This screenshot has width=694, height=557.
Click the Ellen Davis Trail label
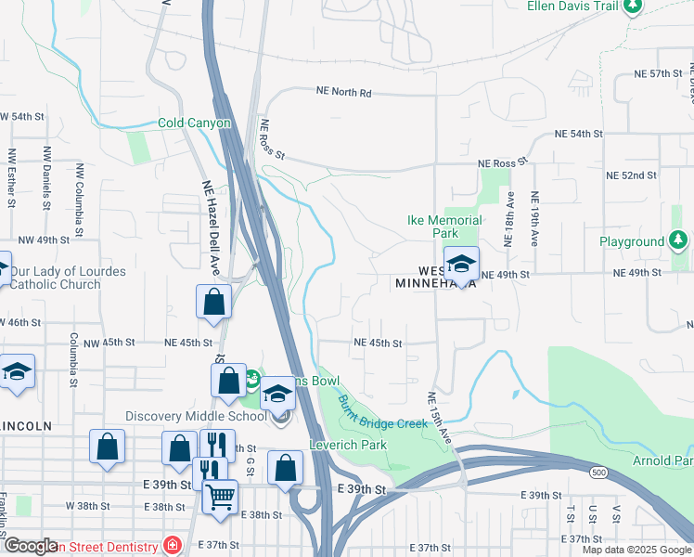tap(572, 6)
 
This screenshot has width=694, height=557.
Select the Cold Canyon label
tap(193, 123)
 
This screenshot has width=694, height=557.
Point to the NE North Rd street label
tap(343, 93)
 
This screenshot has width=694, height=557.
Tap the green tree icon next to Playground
tap(679, 241)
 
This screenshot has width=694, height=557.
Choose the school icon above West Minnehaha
tap(461, 264)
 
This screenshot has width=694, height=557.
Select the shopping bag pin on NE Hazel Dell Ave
tap(213, 302)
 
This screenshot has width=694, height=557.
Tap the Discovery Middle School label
tap(196, 415)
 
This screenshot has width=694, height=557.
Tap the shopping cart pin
tap(220, 497)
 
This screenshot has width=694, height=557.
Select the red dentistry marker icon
tap(171, 545)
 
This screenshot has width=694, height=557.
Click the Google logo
tap(31, 547)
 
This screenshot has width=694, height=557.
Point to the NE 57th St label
tap(658, 73)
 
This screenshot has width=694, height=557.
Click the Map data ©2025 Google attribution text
tap(636, 550)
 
